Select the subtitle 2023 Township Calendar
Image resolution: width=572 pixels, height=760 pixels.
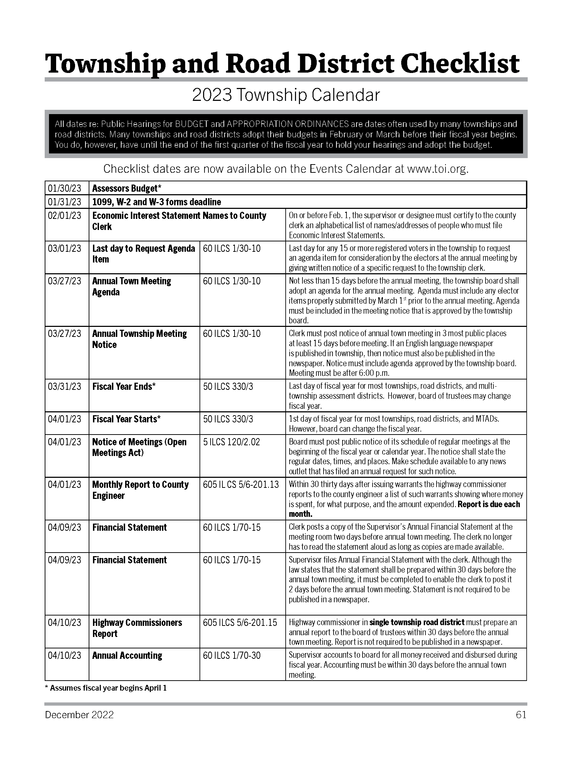pyautogui.click(x=286, y=95)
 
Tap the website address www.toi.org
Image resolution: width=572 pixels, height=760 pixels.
pyautogui.click(x=437, y=169)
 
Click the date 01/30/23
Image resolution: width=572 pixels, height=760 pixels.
pyautogui.click(x=65, y=188)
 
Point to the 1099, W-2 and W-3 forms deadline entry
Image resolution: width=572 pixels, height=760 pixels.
pyautogui.click(x=157, y=202)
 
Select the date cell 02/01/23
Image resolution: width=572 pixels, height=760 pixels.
pyautogui.click(x=65, y=216)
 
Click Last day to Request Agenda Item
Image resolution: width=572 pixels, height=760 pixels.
pyautogui.click(x=143, y=254)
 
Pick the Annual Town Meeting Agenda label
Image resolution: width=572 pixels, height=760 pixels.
pyautogui.click(x=132, y=286)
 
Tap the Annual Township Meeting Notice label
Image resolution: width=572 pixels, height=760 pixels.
pyautogui.click(x=139, y=339)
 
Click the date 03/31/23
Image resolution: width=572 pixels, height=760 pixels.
pyautogui.click(x=65, y=387)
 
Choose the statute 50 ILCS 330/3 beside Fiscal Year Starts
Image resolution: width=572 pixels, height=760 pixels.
pyautogui.click(x=228, y=419)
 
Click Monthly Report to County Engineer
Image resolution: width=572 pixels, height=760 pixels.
pyautogui.click(x=140, y=490)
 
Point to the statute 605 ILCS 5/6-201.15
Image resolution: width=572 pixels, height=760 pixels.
pyautogui.click(x=240, y=623)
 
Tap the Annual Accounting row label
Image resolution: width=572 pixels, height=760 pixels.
pyautogui.click(x=127, y=656)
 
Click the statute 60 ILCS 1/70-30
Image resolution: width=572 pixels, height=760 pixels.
pyautogui.click(x=232, y=656)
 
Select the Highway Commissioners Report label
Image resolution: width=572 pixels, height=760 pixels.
pyautogui.click(x=137, y=628)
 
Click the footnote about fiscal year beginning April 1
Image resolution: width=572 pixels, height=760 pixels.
pyautogui.click(x=106, y=688)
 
